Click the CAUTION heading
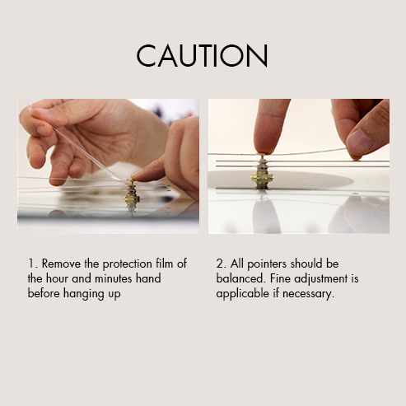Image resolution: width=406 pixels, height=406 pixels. point(203,56)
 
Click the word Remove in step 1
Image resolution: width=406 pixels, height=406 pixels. point(61,264)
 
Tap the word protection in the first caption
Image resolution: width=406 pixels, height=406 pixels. point(128,264)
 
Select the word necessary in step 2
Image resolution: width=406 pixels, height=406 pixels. point(308,294)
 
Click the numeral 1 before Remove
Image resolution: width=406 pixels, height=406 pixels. point(32,264)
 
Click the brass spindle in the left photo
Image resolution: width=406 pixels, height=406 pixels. point(132,195)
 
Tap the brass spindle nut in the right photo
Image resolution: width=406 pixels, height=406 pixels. point(262,172)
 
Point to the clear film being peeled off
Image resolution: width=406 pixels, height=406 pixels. point(88,154)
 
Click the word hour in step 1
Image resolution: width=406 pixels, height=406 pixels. point(57,278)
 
